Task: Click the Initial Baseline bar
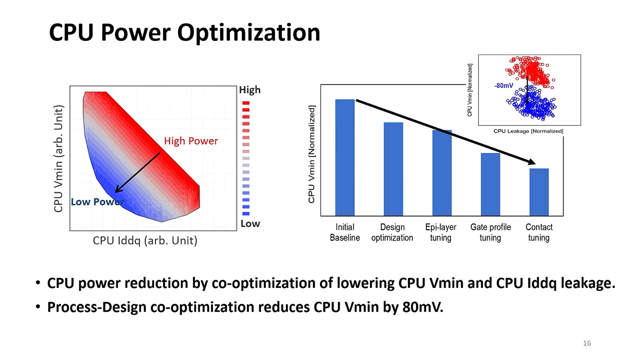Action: (345, 158)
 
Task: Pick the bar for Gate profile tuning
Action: (490, 184)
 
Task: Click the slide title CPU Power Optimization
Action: (184, 32)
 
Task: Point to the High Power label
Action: (191, 141)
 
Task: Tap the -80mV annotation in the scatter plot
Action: (504, 86)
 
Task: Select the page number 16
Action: (587, 343)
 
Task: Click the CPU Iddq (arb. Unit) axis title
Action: (145, 241)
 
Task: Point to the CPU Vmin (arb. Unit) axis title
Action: (59, 158)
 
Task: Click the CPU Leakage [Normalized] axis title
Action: (528, 131)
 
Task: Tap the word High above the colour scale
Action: (250, 90)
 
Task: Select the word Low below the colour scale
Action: (250, 224)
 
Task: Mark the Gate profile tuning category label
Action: (490, 232)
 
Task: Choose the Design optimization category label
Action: (392, 232)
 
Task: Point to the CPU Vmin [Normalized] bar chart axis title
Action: (312, 154)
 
